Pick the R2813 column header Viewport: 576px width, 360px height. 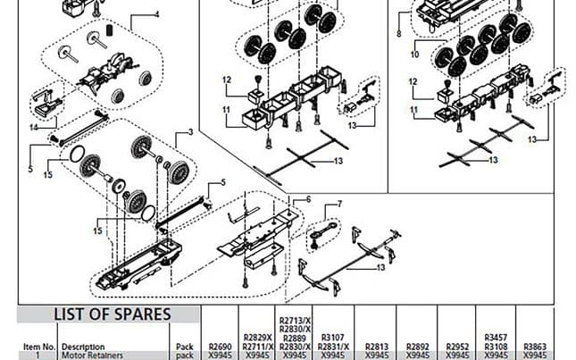pyautogui.click(x=378, y=345)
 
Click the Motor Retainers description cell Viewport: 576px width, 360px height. pyautogui.click(x=92, y=355)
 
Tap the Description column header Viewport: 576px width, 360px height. pyautogui.click(x=83, y=346)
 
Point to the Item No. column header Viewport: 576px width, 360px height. pyautogui.click(x=38, y=346)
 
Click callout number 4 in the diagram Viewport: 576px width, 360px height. pyautogui.click(x=156, y=14)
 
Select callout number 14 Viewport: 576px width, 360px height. pyautogui.click(x=32, y=128)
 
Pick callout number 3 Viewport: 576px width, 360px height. pyautogui.click(x=189, y=132)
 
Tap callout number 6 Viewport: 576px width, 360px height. pyautogui.click(x=308, y=199)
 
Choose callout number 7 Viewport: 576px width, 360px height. pyautogui.click(x=339, y=205)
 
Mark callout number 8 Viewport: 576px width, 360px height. pyautogui.click(x=398, y=33)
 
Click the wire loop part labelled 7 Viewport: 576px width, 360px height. pyautogui.click(x=321, y=236)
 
